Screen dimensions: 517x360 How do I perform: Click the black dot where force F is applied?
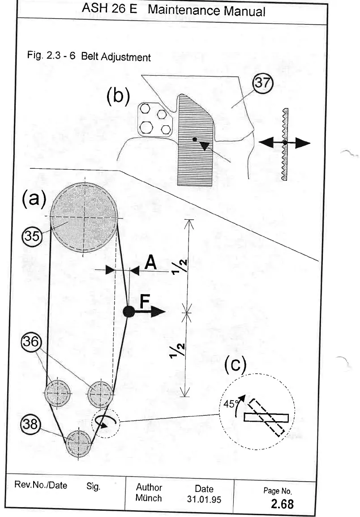pos(129,312)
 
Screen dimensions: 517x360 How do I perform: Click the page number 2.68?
pos(282,504)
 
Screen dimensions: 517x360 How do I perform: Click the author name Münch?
pos(149,498)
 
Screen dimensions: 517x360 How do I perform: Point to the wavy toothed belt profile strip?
pos(284,143)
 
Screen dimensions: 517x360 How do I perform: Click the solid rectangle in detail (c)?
pos(266,417)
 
